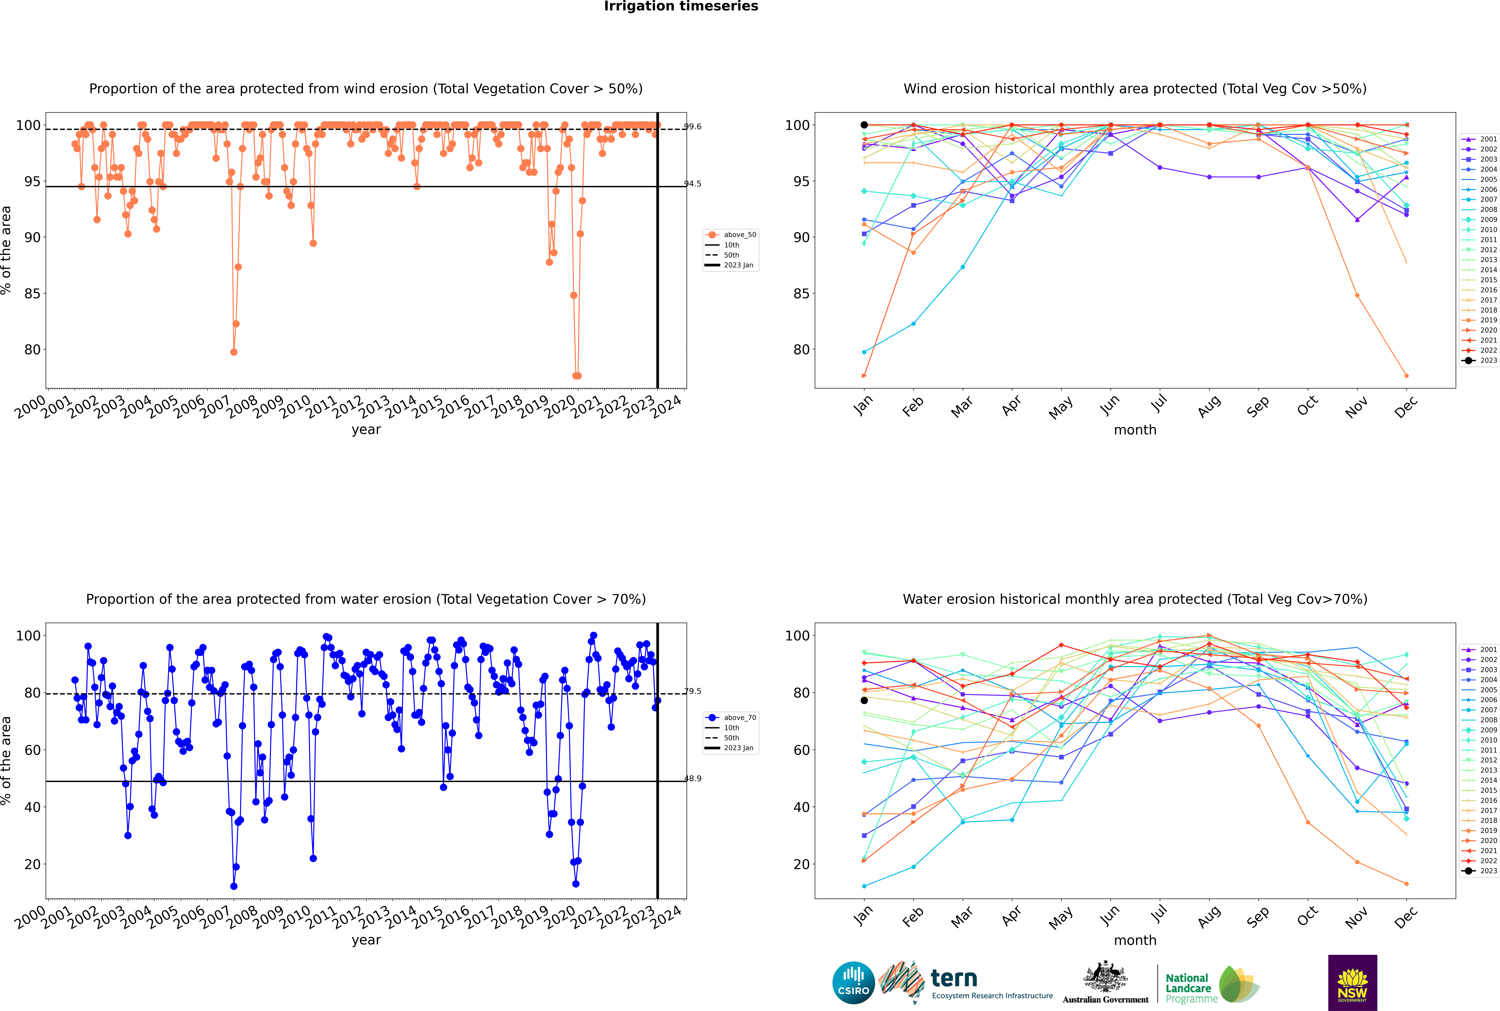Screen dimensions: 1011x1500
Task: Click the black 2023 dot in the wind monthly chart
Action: [864, 125]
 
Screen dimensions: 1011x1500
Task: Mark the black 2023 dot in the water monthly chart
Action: [864, 700]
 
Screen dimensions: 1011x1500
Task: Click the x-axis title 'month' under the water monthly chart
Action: [1135, 941]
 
